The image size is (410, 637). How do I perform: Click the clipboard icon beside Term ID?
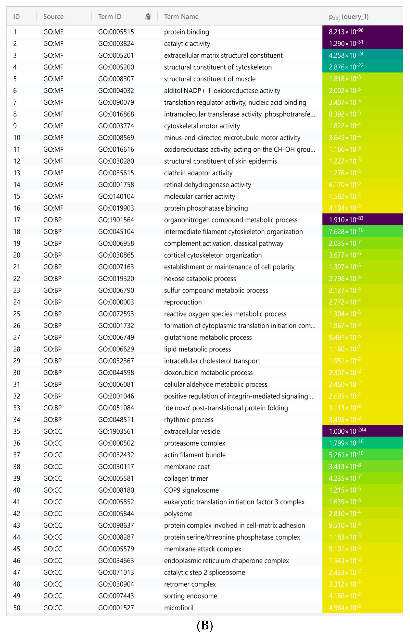coord(148,16)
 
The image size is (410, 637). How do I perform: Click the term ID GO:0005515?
coord(116,32)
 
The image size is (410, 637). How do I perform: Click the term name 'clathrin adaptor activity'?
coord(198,173)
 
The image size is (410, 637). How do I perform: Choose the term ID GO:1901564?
coord(116,220)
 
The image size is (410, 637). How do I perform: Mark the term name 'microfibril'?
coord(179,608)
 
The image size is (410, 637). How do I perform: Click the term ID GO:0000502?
coord(116,443)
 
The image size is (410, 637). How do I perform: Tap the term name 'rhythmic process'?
coord(189,420)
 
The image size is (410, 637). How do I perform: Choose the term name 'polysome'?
coord(178,514)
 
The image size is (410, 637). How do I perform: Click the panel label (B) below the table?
coord(205,626)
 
